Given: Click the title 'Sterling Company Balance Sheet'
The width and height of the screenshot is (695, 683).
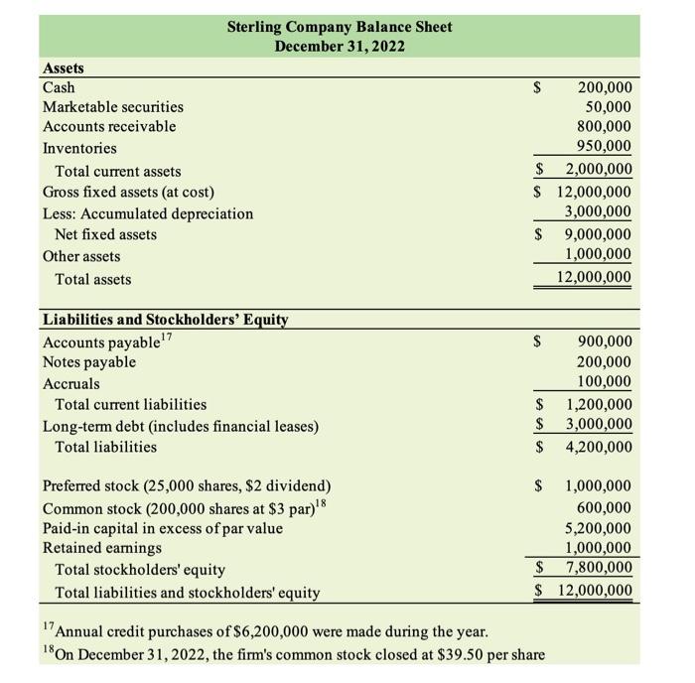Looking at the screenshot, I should pos(340,26).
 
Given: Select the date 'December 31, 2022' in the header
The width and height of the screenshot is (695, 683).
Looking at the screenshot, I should pos(340,46).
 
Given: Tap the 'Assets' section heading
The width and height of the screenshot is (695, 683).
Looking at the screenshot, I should pos(64,68).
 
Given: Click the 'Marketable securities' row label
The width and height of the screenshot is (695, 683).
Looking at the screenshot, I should pos(113,106).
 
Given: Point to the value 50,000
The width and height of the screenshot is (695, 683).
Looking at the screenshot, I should pos(608,106).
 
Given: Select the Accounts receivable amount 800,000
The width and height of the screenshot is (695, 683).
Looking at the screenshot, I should pos(604,127).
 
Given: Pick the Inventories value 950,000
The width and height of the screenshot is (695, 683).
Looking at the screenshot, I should pos(604,148).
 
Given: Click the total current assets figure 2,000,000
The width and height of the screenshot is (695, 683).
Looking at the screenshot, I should pos(598,170).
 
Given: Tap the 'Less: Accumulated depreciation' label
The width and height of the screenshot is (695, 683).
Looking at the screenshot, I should pos(148,213).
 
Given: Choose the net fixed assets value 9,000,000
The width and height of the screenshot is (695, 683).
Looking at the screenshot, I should pos(598,234).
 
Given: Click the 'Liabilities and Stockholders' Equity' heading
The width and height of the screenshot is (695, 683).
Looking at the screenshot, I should pos(165,320).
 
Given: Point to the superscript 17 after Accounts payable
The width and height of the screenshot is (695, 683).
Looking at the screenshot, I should pos(168,338).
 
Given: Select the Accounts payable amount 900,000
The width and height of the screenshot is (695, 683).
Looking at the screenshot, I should pos(604,341).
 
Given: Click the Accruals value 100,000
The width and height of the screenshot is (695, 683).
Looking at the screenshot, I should pos(604,383).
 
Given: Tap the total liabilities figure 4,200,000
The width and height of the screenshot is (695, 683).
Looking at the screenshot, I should pos(598,447).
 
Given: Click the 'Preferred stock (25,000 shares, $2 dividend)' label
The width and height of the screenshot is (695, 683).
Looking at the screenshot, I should pos(188,486).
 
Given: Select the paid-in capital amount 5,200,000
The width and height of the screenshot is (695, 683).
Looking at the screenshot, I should pos(598,528).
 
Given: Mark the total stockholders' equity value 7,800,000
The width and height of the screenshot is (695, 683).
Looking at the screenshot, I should pos(598,569).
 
